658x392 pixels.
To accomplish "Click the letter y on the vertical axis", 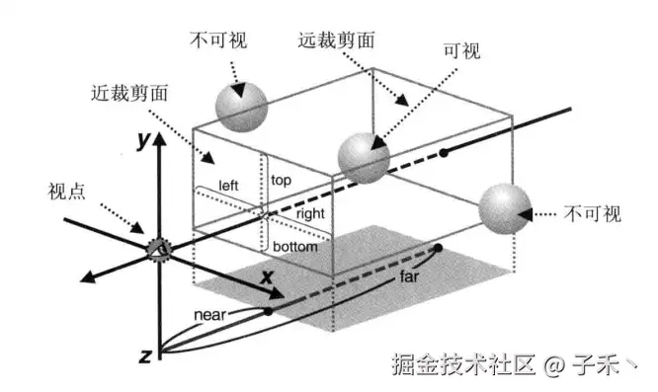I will (143, 141).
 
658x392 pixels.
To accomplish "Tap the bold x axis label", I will (266, 278).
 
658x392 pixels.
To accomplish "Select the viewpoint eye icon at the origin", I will (156, 248).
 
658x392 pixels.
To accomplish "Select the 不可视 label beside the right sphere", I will (594, 211).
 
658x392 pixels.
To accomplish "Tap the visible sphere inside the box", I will (363, 155).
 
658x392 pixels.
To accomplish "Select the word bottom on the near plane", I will (294, 246).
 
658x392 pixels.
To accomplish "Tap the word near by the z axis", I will (212, 316).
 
